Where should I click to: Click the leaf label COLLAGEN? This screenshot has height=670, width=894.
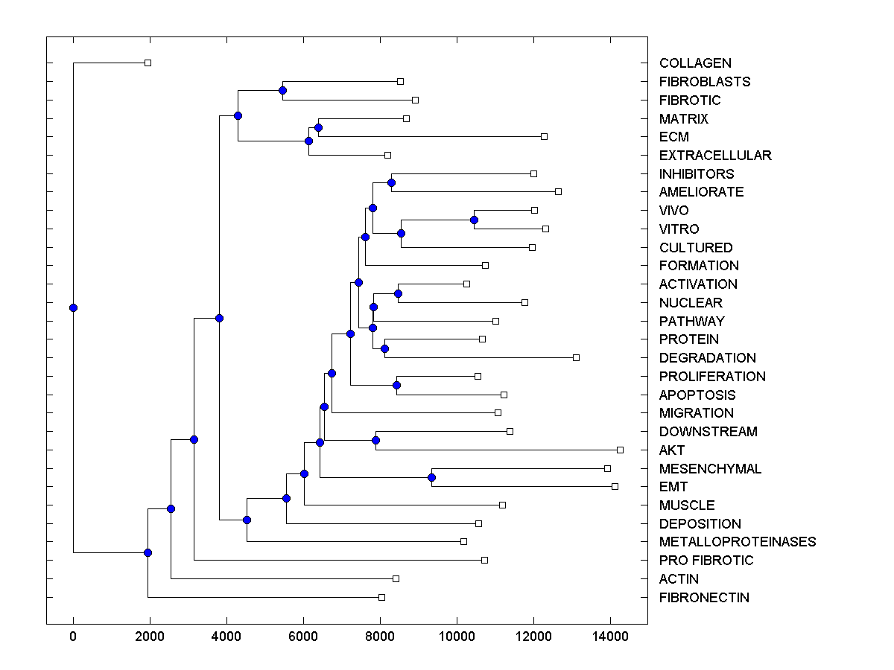click(695, 63)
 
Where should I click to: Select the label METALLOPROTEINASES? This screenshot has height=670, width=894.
click(738, 542)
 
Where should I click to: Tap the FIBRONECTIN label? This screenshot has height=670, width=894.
click(704, 598)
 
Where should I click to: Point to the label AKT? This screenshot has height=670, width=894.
click(672, 450)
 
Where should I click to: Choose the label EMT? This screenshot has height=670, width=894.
click(673, 487)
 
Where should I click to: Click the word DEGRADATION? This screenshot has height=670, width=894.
click(708, 358)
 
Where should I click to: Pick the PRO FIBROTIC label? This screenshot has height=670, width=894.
click(706, 561)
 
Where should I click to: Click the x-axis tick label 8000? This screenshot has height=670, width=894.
click(380, 636)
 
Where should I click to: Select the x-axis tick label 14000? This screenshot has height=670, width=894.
click(610, 636)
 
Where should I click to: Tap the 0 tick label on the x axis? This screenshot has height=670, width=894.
click(73, 636)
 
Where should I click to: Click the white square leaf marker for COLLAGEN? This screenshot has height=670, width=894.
click(148, 63)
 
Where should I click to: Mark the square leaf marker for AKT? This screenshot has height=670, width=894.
click(620, 450)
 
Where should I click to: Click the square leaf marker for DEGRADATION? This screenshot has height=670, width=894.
click(576, 357)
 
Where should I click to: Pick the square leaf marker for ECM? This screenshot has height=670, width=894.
click(544, 136)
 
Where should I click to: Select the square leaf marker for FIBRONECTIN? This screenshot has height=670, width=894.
click(381, 597)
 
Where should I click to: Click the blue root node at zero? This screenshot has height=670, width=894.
click(73, 307)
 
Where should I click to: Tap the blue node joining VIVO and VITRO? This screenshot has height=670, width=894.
click(474, 220)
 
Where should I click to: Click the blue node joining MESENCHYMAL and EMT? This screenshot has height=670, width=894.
click(431, 477)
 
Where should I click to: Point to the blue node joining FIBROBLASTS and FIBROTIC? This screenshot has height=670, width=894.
click(282, 90)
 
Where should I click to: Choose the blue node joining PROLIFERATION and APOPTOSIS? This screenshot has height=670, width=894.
click(396, 385)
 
